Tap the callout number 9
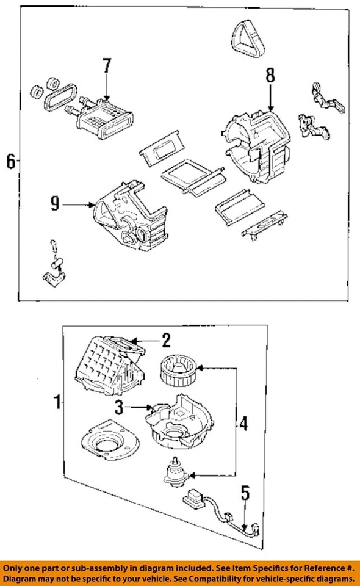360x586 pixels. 55,204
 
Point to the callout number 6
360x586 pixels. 10,162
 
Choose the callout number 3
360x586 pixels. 120,406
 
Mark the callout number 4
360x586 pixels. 243,422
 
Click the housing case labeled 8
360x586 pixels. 259,143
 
